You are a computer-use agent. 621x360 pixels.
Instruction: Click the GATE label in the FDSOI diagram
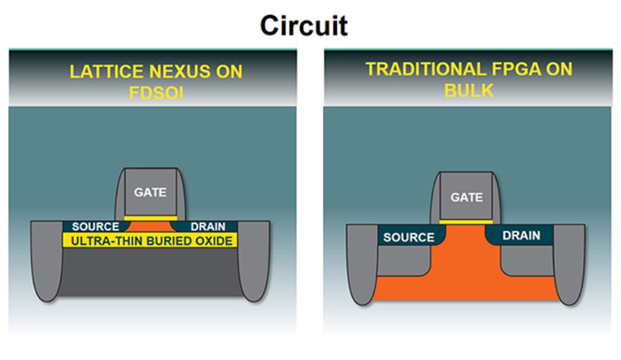pyautogui.click(x=150, y=191)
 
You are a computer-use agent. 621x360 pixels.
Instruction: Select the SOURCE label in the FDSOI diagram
pyautogui.click(x=94, y=227)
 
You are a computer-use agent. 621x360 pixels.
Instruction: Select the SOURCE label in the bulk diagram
pyautogui.click(x=409, y=238)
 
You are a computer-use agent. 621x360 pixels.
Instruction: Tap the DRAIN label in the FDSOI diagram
pyautogui.click(x=208, y=227)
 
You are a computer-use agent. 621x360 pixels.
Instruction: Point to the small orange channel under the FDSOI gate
pyautogui.click(x=150, y=226)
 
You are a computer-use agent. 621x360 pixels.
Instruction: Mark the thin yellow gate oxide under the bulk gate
pyautogui.click(x=466, y=221)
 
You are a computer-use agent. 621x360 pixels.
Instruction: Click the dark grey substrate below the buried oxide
pyautogui.click(x=150, y=275)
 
